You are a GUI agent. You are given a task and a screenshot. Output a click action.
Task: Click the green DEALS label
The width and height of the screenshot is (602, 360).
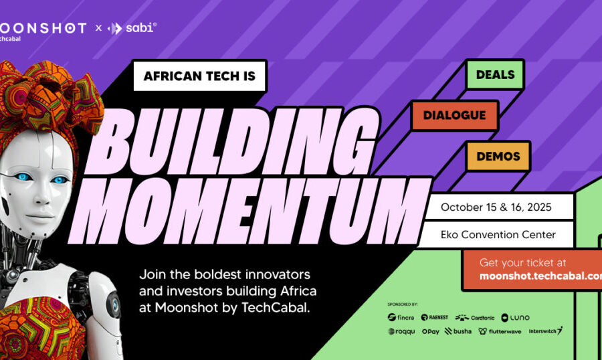tap(495, 74)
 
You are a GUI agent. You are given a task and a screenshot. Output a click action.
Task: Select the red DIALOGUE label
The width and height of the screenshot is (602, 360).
tap(454, 115)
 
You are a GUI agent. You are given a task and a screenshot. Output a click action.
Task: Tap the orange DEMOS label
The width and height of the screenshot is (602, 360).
tap(498, 156)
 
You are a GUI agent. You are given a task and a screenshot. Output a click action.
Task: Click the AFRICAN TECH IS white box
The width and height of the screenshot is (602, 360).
tap(199, 76)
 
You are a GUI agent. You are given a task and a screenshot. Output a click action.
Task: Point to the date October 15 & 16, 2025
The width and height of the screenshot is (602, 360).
tap(496, 207)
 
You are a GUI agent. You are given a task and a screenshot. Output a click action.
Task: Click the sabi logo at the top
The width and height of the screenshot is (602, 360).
tap(132, 28)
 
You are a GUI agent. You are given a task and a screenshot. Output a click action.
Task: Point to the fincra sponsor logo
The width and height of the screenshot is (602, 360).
tap(401, 317)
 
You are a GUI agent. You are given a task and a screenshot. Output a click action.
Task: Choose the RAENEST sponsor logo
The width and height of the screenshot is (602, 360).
tap(435, 317)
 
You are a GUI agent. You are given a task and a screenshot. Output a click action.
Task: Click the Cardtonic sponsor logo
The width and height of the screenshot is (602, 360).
tap(474, 317)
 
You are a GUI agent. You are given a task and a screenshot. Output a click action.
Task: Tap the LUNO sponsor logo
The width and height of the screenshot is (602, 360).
tap(515, 317)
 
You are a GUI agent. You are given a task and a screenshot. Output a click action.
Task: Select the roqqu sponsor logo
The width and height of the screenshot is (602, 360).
tap(401, 331)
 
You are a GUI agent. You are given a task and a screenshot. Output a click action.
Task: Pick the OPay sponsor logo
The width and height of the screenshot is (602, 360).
tap(431, 331)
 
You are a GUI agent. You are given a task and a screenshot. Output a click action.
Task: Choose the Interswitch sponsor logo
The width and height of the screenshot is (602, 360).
tap(546, 331)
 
